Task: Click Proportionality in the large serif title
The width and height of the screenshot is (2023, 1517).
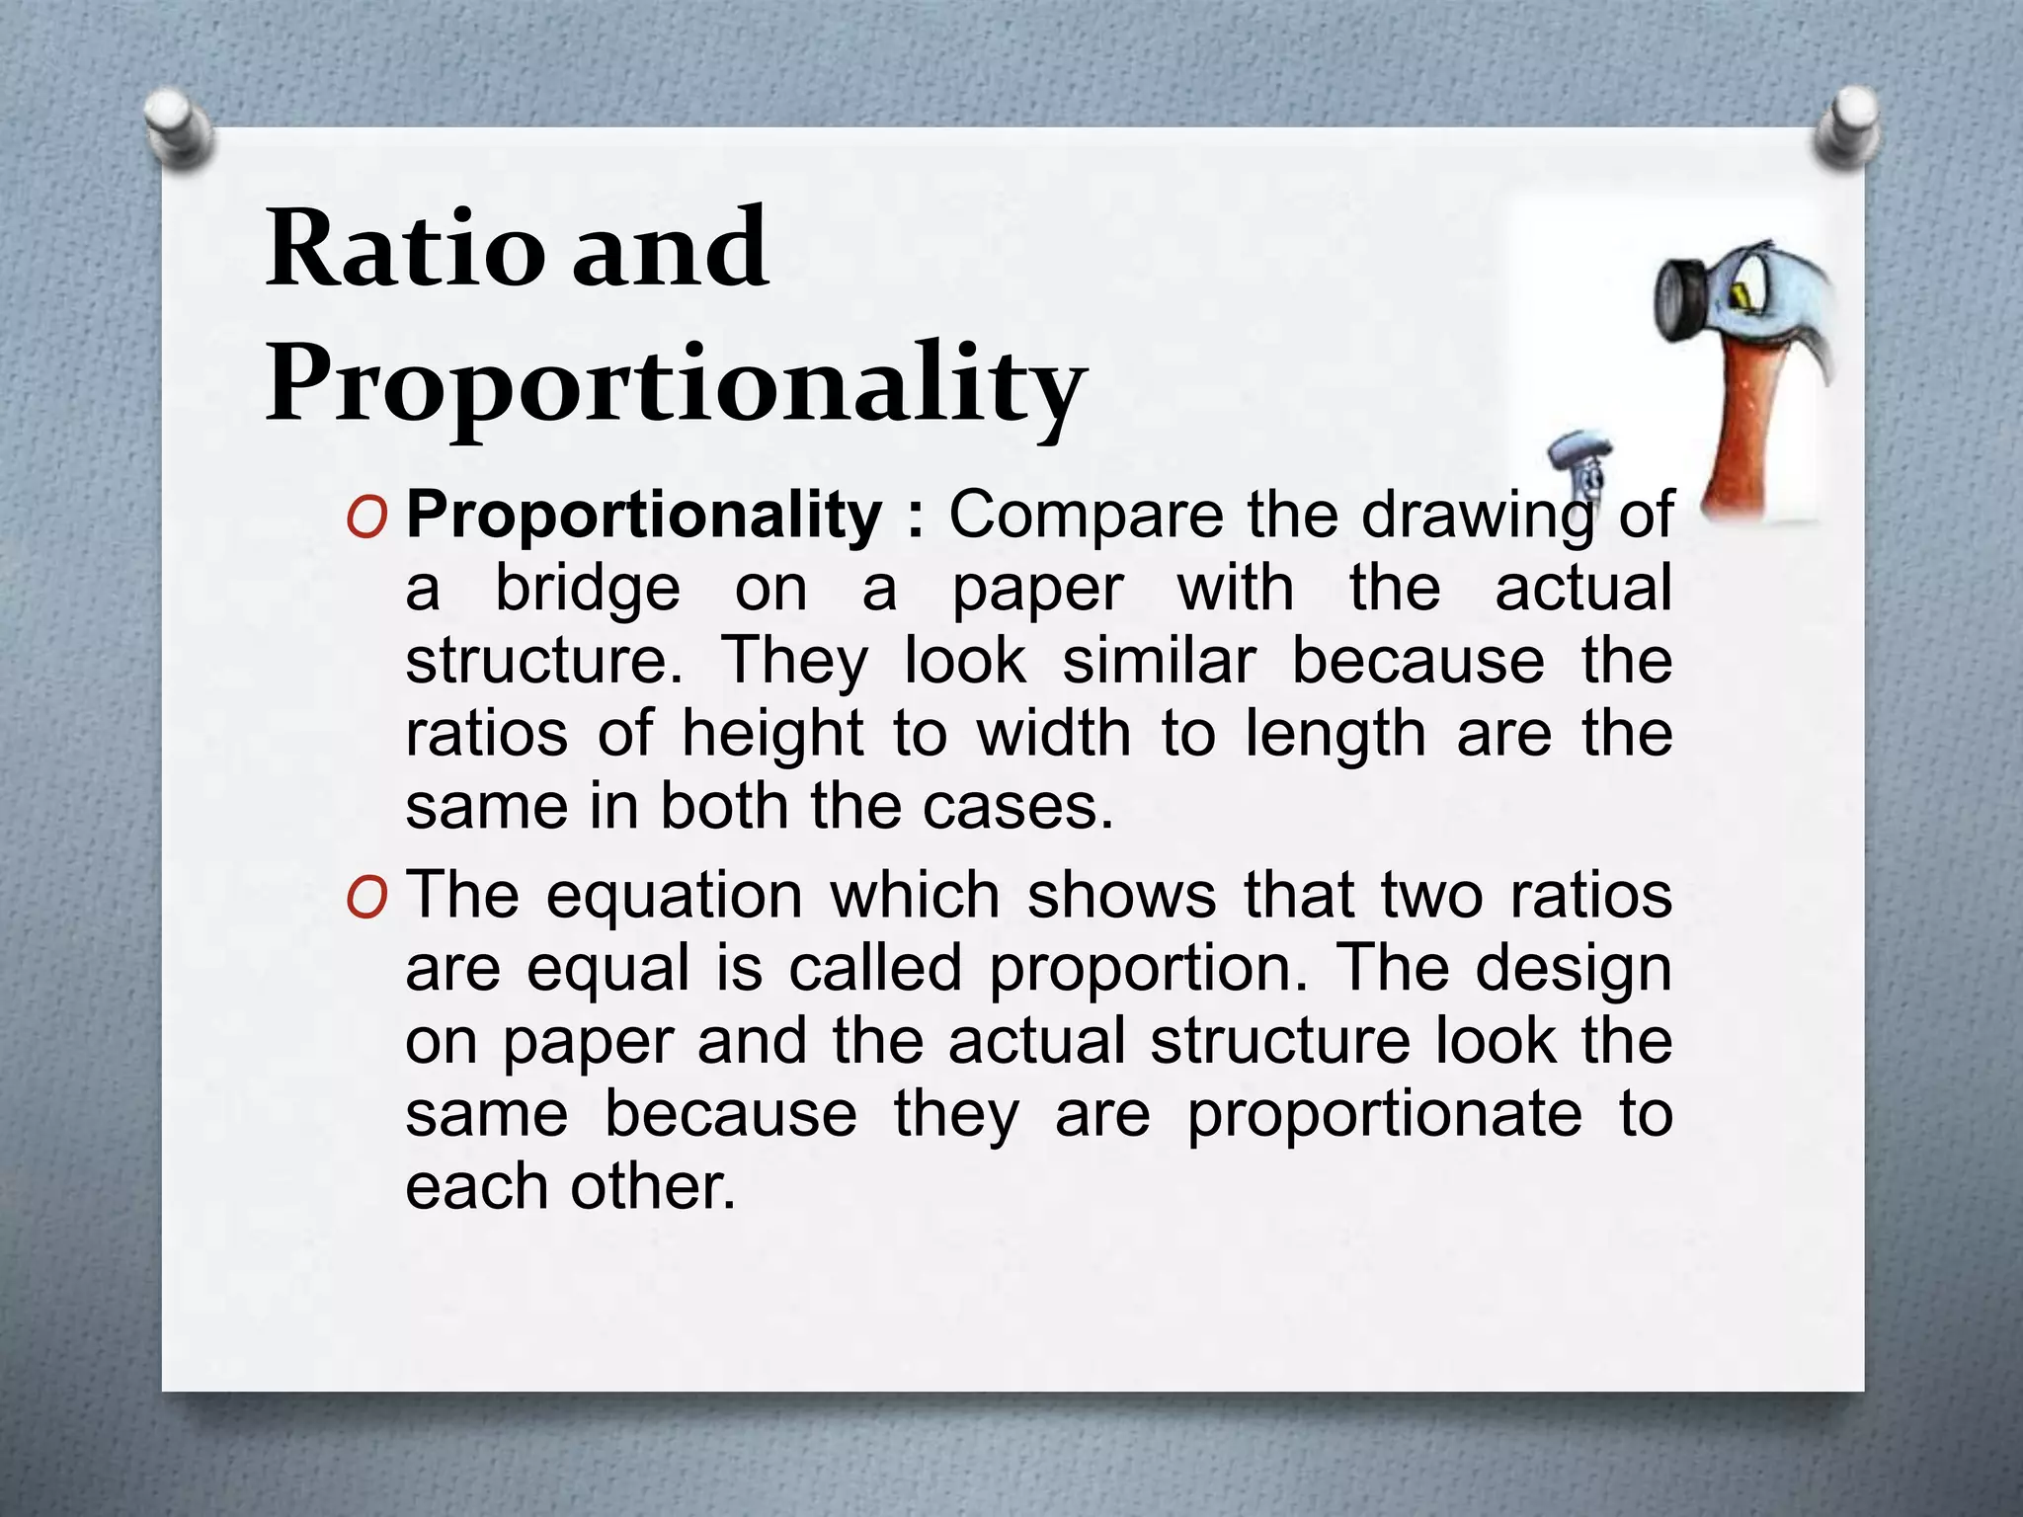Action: tap(676, 385)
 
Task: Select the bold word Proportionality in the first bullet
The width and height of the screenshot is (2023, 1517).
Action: tap(644, 516)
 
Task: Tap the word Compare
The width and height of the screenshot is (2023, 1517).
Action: tap(1086, 516)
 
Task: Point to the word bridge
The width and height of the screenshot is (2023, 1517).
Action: tap(588, 590)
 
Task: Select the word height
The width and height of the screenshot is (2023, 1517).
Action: tap(773, 734)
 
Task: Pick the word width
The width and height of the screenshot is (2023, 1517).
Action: tap(1054, 734)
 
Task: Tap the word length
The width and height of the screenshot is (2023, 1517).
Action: tap(1335, 736)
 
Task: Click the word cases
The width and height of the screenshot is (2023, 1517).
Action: tap(1018, 807)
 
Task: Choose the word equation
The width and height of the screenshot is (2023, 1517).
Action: tap(675, 897)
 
